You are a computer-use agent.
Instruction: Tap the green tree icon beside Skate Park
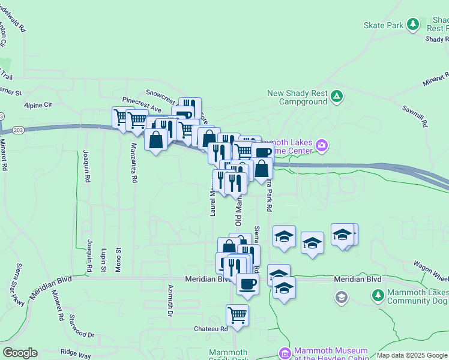[x=413, y=24]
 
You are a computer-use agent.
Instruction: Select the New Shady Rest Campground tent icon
[x=337, y=96]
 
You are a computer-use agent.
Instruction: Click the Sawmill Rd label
[x=415, y=116]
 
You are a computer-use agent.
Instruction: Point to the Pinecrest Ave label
[x=142, y=104]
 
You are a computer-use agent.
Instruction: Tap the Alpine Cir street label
[x=38, y=104]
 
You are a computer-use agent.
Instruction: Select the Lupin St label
[x=104, y=260]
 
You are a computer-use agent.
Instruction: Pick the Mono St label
[x=118, y=260]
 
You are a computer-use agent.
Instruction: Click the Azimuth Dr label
[x=170, y=301]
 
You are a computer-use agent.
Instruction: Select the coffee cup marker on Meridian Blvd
[x=247, y=284]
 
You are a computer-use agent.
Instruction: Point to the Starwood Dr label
[x=82, y=326]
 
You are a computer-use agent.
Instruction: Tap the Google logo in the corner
[x=19, y=353]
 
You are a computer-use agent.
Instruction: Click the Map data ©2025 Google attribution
[x=412, y=355]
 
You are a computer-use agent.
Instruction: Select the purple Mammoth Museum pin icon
[x=285, y=353]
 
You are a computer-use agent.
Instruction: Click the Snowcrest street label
[x=160, y=94]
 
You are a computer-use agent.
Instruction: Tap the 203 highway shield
[x=2, y=116]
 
